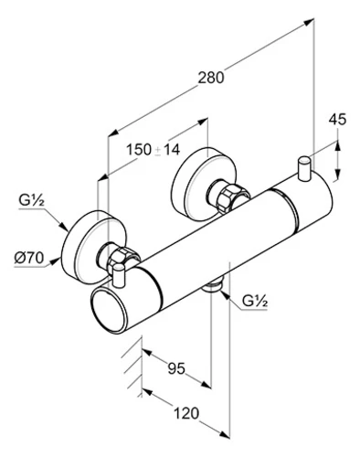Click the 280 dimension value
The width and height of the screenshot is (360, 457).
point(211,78)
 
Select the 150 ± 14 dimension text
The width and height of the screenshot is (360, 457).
point(153,150)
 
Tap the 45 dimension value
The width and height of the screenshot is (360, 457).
point(337,119)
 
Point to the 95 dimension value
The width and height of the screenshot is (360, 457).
point(176,368)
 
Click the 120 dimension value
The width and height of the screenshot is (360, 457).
point(186,413)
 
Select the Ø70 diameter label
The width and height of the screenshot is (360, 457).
point(29,259)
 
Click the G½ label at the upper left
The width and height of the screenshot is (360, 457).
point(32,200)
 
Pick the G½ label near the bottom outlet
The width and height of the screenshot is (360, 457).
point(255,301)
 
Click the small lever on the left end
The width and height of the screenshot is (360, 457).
point(118,275)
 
